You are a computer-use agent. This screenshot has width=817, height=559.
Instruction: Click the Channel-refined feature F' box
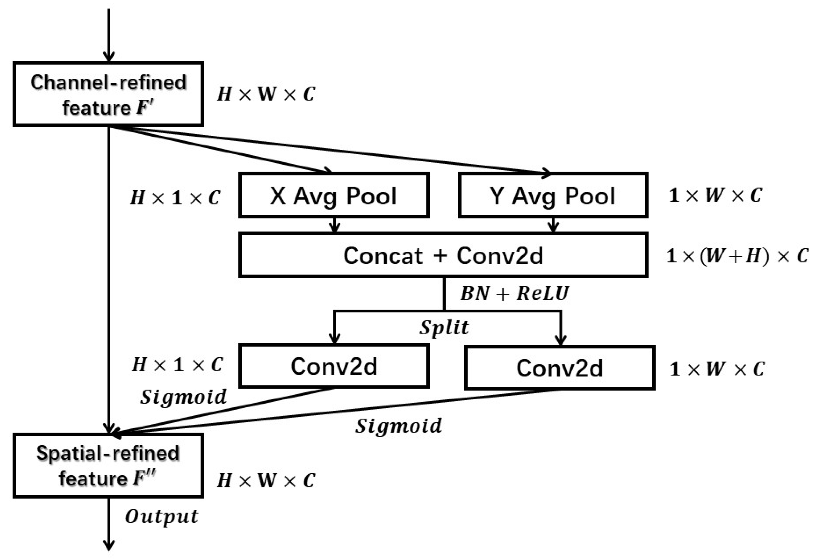tap(108, 94)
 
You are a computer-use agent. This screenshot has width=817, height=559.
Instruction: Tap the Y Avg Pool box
tap(553, 195)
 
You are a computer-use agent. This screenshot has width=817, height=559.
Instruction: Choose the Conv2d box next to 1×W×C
tap(559, 368)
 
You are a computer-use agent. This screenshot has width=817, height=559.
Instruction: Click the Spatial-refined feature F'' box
tap(108, 466)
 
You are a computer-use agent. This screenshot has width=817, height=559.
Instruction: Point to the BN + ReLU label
tap(514, 293)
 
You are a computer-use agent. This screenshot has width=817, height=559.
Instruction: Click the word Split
tap(444, 328)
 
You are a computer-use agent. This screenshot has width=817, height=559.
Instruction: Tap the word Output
tap(161, 517)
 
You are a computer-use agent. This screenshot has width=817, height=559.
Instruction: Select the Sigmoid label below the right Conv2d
tap(398, 426)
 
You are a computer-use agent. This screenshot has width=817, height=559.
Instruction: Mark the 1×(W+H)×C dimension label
tap(737, 256)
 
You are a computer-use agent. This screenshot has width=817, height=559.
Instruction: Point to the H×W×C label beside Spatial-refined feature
tap(266, 480)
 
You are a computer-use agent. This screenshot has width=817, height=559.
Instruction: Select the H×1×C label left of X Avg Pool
tap(175, 198)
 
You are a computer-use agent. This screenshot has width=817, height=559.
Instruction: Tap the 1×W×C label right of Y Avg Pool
tap(715, 195)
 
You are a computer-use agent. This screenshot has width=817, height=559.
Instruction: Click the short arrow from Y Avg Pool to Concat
tap(553, 225)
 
